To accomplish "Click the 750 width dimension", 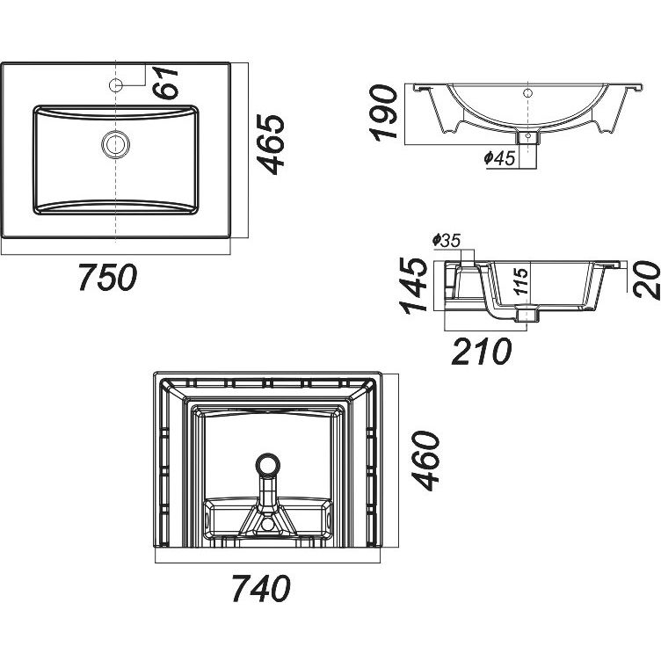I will click(106, 277).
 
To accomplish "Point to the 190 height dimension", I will click(383, 113).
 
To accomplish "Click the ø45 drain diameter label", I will click(498, 158).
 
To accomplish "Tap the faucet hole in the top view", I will click(115, 85).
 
